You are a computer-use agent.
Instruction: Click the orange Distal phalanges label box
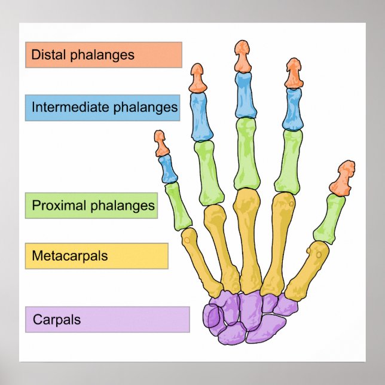(103, 55)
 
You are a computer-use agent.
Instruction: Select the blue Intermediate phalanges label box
(103, 108)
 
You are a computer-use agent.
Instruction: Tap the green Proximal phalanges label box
(91, 206)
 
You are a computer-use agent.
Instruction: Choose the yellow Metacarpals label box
(96, 256)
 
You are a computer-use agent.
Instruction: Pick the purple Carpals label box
(107, 319)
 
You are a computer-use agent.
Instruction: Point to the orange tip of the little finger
(161, 143)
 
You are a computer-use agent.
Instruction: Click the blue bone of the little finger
(167, 169)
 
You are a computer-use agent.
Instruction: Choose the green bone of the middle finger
(247, 153)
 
